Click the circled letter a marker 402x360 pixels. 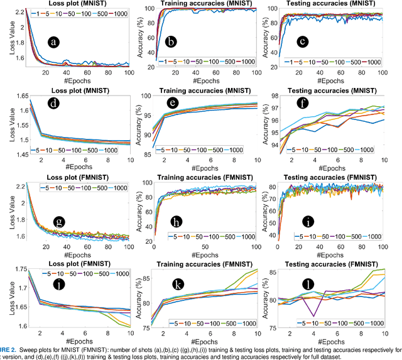(55, 42)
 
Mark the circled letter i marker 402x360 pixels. (308, 221)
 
